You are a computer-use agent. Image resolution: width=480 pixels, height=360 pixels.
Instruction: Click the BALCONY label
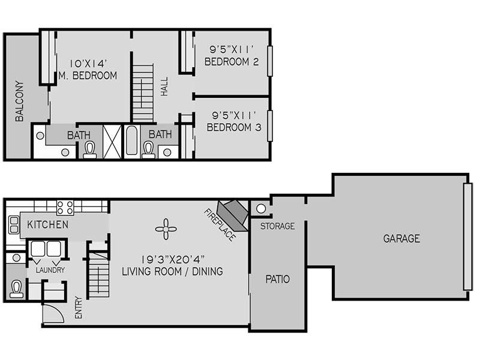click(19, 101)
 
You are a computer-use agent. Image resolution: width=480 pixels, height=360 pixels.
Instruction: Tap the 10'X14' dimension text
click(88, 64)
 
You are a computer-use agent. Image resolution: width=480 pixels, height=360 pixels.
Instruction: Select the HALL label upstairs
click(164, 86)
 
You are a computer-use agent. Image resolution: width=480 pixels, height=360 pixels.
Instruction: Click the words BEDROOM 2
click(232, 62)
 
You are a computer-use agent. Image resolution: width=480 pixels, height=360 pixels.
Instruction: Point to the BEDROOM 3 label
click(234, 127)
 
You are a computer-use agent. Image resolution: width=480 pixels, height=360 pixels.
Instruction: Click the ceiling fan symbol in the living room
click(166, 229)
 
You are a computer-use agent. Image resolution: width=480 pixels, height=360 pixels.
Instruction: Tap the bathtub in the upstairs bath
click(131, 141)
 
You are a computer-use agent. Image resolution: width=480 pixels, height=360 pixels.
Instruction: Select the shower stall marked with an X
click(112, 142)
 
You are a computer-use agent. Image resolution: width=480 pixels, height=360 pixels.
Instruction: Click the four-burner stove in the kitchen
click(65, 207)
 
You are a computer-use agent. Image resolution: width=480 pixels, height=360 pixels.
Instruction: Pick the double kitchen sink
click(13, 224)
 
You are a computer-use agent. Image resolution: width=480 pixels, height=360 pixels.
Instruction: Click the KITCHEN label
click(48, 224)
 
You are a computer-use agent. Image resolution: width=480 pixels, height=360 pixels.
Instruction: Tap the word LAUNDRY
click(50, 270)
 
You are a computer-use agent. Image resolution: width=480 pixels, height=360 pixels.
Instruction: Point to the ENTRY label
click(79, 307)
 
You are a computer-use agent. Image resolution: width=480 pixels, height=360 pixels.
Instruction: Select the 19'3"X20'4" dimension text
click(173, 260)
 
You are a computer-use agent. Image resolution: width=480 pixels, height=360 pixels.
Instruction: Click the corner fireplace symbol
click(232, 215)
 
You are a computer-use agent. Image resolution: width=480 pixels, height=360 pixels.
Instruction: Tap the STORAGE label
click(278, 226)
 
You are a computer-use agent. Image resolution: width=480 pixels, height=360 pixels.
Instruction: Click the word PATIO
click(278, 279)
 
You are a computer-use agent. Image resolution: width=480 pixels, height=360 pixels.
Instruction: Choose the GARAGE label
click(401, 238)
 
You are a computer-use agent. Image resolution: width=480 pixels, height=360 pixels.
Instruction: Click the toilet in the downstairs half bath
click(16, 289)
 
